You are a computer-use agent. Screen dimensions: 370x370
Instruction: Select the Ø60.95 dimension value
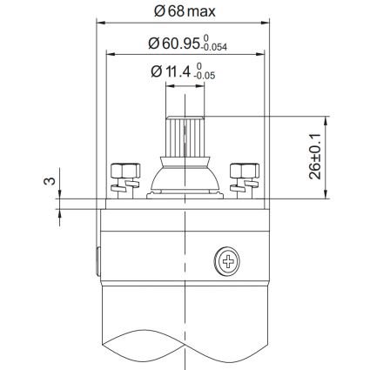(177, 42)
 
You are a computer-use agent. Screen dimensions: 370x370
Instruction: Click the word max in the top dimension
(205, 11)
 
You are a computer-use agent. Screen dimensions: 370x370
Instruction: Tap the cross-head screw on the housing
(228, 259)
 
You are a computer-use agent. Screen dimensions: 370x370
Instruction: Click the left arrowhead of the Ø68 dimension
(98, 24)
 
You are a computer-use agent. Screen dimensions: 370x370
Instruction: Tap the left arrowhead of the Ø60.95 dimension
(108, 54)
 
